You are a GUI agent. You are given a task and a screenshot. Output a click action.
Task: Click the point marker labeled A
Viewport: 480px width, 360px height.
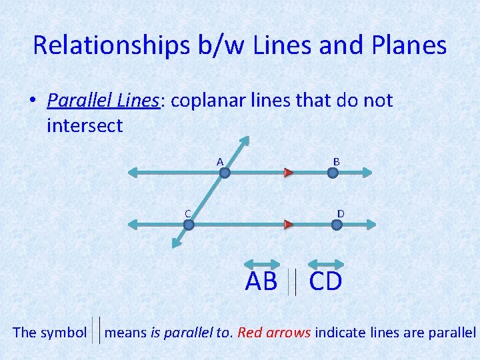tap(225, 173)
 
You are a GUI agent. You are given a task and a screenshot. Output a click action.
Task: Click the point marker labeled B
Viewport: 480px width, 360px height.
tap(333, 173)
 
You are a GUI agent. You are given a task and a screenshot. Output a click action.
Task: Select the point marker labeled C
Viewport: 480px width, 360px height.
tap(189, 225)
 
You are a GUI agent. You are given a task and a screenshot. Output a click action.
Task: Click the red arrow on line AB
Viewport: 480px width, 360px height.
tap(289, 173)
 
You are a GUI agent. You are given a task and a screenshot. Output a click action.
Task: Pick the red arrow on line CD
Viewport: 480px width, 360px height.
tap(289, 225)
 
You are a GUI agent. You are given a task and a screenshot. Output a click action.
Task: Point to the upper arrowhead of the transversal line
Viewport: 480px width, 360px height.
tap(245, 141)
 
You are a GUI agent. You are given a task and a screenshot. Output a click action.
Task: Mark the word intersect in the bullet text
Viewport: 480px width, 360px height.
tap(85, 125)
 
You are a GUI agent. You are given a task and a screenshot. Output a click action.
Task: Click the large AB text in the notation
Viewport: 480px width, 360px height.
tap(261, 282)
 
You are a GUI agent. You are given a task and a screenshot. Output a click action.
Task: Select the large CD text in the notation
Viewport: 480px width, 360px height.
tap(325, 282)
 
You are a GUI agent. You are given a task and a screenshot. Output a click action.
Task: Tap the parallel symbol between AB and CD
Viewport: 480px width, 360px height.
tap(293, 283)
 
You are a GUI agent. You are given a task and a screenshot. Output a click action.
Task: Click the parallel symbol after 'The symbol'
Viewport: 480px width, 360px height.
tap(96, 331)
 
